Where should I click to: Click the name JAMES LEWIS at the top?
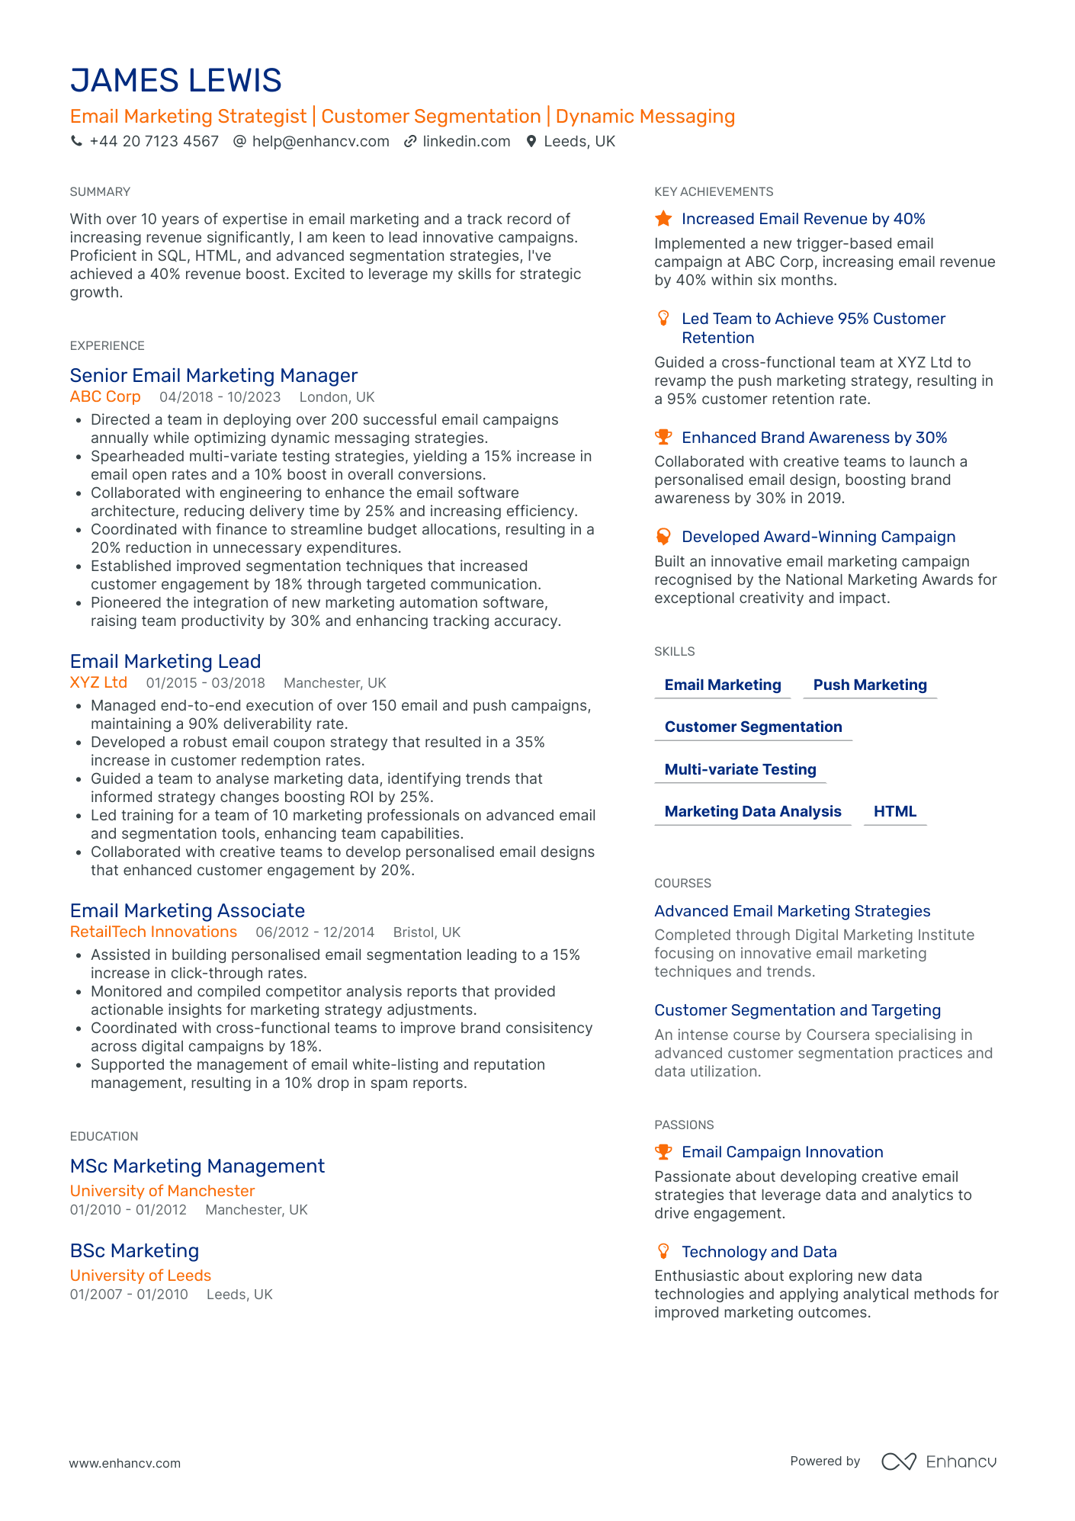(176, 81)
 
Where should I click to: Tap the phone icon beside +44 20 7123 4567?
(76, 141)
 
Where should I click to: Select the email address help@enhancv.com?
(320, 141)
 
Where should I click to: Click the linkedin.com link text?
(466, 141)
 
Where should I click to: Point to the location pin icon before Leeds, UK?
(531, 141)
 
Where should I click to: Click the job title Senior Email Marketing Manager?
(213, 376)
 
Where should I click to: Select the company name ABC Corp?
(105, 397)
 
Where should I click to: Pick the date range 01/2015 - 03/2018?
(205, 683)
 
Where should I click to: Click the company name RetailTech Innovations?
(153, 932)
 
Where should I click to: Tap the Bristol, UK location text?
(426, 932)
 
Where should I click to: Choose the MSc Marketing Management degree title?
(197, 1166)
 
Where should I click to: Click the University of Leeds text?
(140, 1276)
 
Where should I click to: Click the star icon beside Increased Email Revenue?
(663, 219)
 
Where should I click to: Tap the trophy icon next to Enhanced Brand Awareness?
(663, 438)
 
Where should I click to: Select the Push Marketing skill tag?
(870, 685)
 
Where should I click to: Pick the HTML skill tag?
(894, 811)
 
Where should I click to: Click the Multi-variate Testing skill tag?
(740, 769)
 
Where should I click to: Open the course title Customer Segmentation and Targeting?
(797, 1010)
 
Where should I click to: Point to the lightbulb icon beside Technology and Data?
(663, 1251)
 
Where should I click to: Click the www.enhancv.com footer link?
(125, 1463)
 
